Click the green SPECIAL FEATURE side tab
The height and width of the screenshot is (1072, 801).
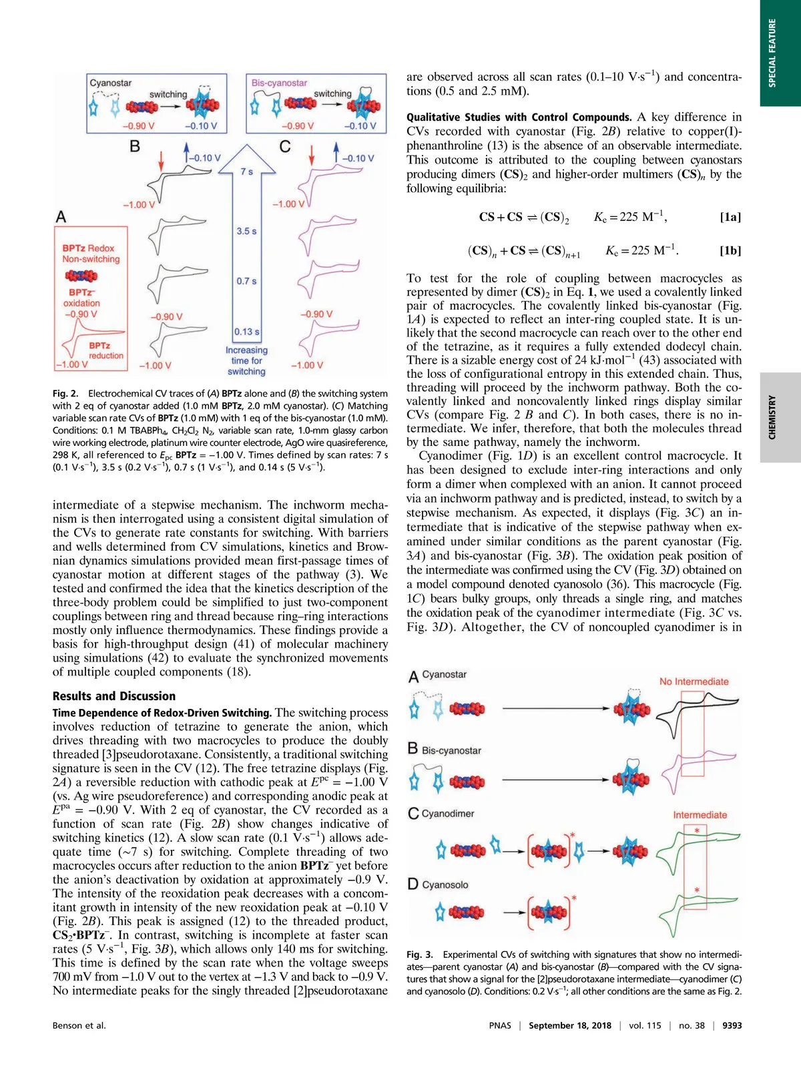pyautogui.click(x=780, y=53)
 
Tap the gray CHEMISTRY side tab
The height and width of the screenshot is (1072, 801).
pyautogui.click(x=780, y=417)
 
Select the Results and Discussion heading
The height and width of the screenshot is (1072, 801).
pyautogui.click(x=114, y=696)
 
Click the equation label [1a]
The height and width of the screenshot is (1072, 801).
pyautogui.click(x=730, y=217)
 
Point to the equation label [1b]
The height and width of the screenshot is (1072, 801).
pyautogui.click(x=730, y=251)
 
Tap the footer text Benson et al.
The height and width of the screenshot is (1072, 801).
pyautogui.click(x=79, y=1025)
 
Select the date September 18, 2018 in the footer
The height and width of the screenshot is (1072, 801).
pyautogui.click(x=569, y=1025)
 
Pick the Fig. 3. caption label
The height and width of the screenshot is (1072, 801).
pyautogui.click(x=420, y=955)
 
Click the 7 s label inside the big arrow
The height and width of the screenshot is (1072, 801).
pyautogui.click(x=246, y=172)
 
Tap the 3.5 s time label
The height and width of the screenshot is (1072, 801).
pyautogui.click(x=246, y=231)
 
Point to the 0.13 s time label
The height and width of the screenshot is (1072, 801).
pyautogui.click(x=246, y=332)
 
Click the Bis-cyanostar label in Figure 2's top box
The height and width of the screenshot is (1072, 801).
pyautogui.click(x=279, y=83)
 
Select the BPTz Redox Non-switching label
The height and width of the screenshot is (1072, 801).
pyautogui.click(x=91, y=254)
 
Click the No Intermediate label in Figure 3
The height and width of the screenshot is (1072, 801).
pyautogui.click(x=694, y=682)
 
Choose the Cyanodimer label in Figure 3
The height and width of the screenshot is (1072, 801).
pyautogui.click(x=448, y=814)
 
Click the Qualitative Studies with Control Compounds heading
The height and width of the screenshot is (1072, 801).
pyautogui.click(x=519, y=117)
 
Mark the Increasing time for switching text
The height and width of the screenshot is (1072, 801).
pyautogui.click(x=246, y=360)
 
